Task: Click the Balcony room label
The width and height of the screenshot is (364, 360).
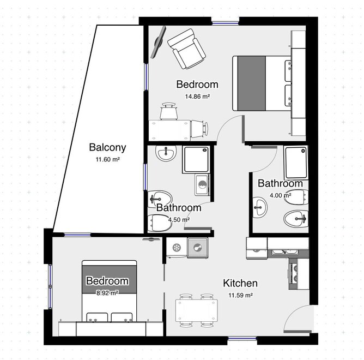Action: (x=107, y=148)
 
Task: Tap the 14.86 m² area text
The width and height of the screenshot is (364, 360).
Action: (x=197, y=96)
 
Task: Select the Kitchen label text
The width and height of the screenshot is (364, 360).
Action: (x=240, y=283)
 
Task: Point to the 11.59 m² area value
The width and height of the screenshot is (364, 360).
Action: (x=240, y=295)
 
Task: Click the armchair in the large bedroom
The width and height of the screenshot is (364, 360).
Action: (x=187, y=49)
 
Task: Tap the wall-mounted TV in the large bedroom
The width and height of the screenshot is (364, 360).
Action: (x=159, y=42)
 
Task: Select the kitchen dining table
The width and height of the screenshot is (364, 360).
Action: (x=196, y=310)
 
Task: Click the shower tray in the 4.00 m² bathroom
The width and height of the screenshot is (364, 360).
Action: (x=296, y=163)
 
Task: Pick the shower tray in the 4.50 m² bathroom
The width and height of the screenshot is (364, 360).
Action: (x=196, y=159)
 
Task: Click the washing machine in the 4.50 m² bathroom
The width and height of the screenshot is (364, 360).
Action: (x=202, y=185)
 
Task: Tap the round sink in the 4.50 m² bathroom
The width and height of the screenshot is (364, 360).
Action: (x=166, y=153)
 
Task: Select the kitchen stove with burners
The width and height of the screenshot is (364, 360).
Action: (x=293, y=274)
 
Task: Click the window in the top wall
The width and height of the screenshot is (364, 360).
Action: (x=225, y=23)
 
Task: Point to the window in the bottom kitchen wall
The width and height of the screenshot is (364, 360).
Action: (x=242, y=339)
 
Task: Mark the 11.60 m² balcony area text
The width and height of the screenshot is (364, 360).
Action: (x=108, y=159)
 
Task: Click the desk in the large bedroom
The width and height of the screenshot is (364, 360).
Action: (x=169, y=130)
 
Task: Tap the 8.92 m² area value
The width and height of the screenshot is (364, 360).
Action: (x=107, y=293)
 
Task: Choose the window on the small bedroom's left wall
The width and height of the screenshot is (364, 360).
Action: (x=50, y=286)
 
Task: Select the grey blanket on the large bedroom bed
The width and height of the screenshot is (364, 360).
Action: (x=251, y=83)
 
